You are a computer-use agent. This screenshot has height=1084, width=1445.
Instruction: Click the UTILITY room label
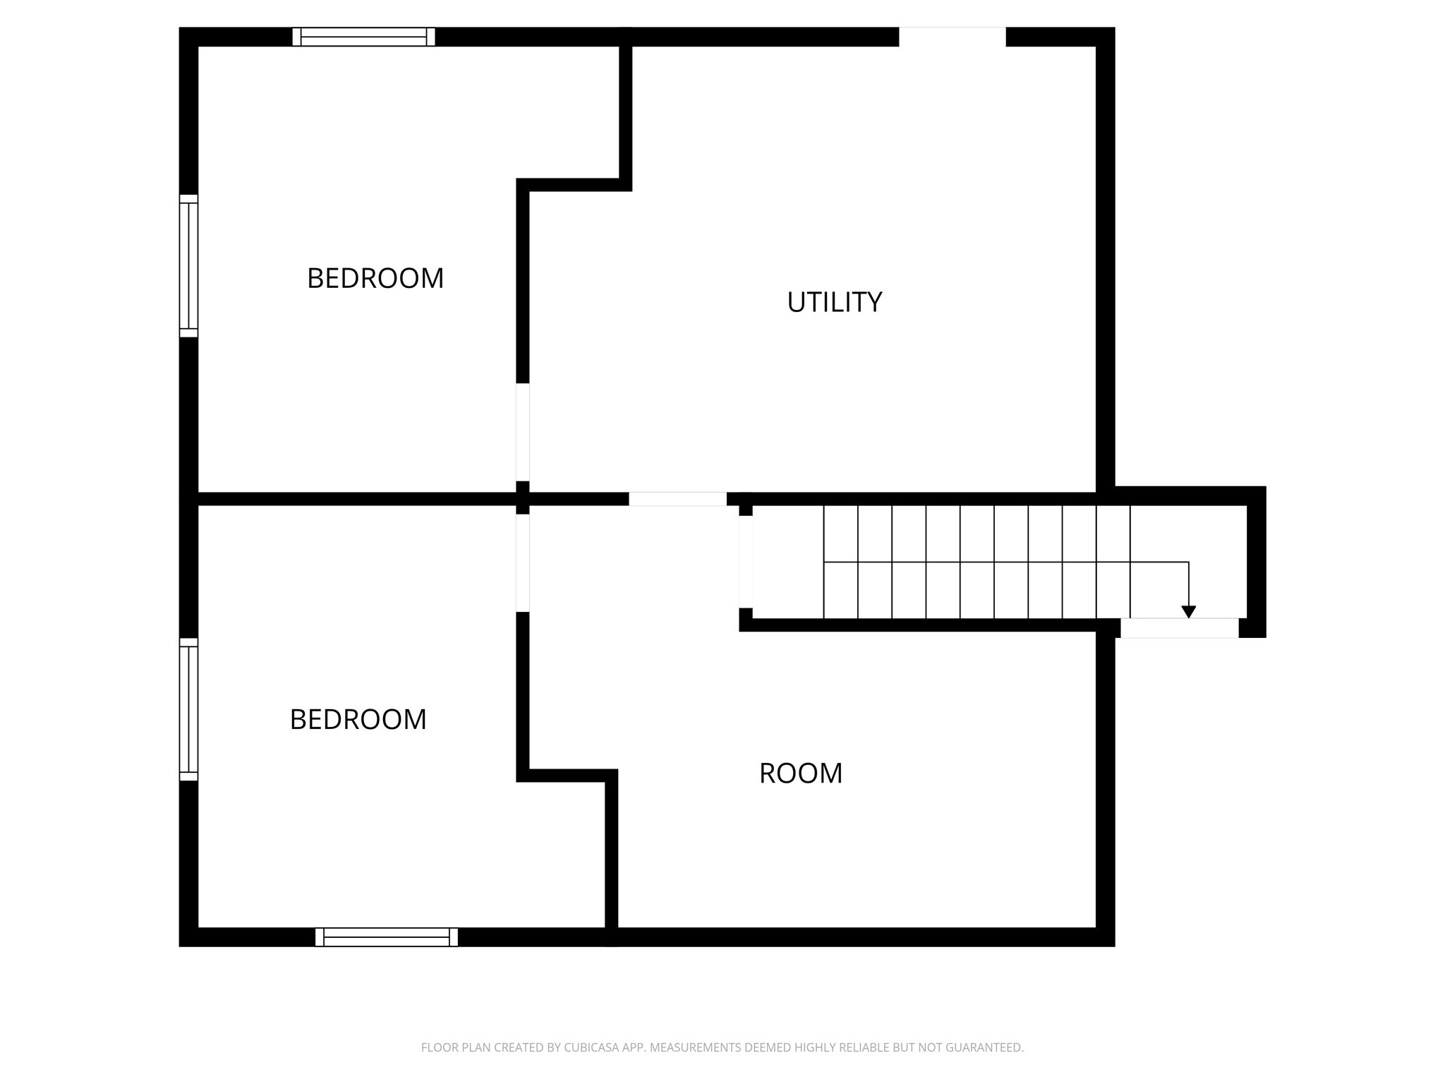pos(834,302)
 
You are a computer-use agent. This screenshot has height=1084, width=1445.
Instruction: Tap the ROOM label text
pos(801,773)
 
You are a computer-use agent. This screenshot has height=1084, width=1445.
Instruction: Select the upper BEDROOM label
pos(375,278)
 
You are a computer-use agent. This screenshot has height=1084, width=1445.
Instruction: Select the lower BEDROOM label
pos(358,720)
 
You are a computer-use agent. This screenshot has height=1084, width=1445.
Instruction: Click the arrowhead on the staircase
pos(1189,612)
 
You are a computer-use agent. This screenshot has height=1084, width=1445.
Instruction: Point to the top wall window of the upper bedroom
pos(363,37)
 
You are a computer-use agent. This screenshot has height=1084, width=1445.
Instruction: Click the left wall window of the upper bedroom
pos(188,265)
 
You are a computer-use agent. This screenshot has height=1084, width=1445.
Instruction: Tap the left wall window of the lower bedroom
pos(188,709)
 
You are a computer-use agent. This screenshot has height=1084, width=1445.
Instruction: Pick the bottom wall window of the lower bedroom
pos(387,937)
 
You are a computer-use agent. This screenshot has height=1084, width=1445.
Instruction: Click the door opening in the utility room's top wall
pos(952,37)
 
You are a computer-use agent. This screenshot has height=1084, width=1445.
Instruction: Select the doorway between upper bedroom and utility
pos(523,432)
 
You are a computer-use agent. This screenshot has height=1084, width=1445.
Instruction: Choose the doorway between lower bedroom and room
pos(523,562)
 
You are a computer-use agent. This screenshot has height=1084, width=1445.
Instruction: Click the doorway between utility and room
pos(677,499)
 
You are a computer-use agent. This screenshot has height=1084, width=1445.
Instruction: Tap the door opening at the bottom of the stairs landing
pos(1179,628)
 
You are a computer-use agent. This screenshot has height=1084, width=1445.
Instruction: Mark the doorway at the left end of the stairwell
pos(745,562)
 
